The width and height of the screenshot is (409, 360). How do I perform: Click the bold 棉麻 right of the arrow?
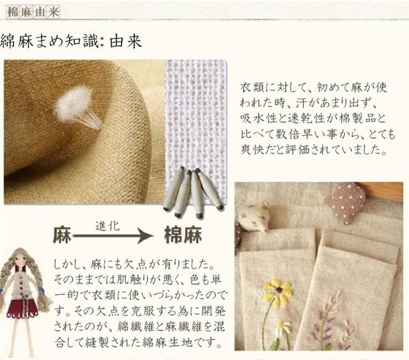(183, 235)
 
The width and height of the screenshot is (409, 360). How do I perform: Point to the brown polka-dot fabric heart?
(344, 202)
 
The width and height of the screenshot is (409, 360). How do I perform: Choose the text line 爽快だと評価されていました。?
(318, 152)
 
